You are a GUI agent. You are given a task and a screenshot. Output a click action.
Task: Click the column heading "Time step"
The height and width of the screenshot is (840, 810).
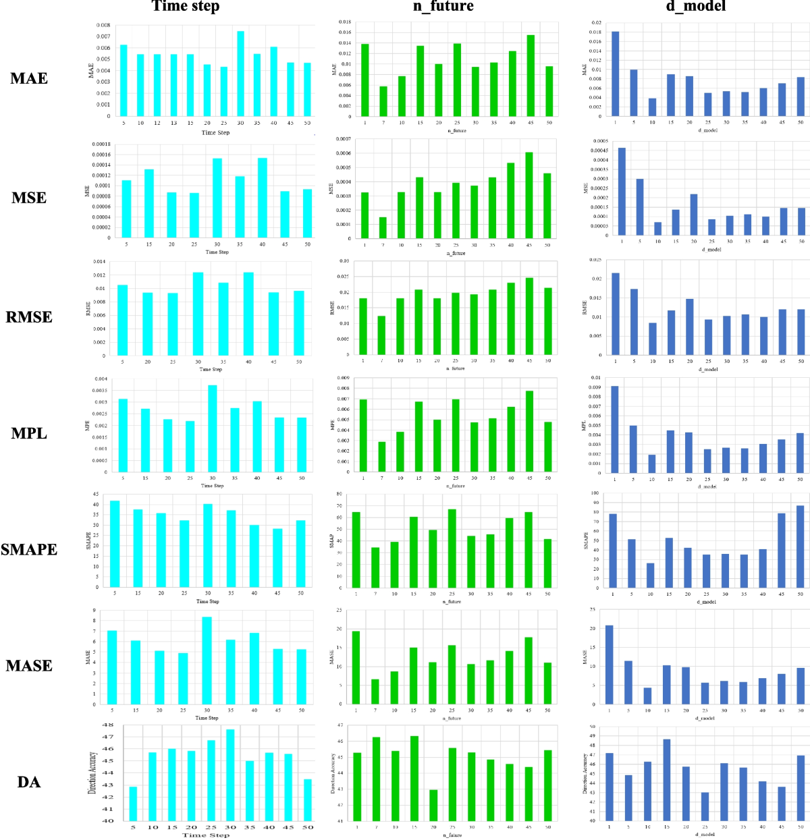[186, 7]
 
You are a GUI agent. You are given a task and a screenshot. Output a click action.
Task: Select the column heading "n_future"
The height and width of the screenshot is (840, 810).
[443, 7]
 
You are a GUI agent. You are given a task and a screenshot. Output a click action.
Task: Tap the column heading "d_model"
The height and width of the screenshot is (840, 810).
[696, 7]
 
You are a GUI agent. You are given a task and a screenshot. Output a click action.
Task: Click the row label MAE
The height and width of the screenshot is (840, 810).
[29, 79]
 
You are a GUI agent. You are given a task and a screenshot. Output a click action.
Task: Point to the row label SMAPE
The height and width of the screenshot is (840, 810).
[29, 550]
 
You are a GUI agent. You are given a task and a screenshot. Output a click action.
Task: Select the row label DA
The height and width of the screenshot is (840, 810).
[29, 783]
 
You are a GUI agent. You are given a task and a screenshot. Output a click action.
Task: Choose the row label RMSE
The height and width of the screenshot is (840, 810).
[29, 317]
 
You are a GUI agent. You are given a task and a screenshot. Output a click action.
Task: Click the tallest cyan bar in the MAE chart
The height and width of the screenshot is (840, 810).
[240, 74]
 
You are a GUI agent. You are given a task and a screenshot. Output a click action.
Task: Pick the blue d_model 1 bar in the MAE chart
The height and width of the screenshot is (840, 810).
[615, 74]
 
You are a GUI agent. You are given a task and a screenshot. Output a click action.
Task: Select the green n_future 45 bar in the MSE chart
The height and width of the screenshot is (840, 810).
[529, 196]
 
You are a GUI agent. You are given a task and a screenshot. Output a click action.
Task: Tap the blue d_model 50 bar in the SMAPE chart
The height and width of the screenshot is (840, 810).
[800, 547]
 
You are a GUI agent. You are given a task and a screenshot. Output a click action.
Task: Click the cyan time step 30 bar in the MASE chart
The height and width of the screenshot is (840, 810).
[207, 661]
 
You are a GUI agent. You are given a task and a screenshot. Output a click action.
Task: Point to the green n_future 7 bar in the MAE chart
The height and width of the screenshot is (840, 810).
[383, 101]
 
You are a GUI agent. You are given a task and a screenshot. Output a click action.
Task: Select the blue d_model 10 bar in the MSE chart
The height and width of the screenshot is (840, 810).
[657, 229]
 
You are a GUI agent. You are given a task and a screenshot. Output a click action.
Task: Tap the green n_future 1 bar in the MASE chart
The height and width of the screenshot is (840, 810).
[356, 668]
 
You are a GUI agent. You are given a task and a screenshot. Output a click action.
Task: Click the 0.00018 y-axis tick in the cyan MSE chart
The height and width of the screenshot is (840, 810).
[101, 144]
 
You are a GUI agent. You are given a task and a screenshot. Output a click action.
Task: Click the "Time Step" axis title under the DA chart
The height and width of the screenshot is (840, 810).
[206, 835]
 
